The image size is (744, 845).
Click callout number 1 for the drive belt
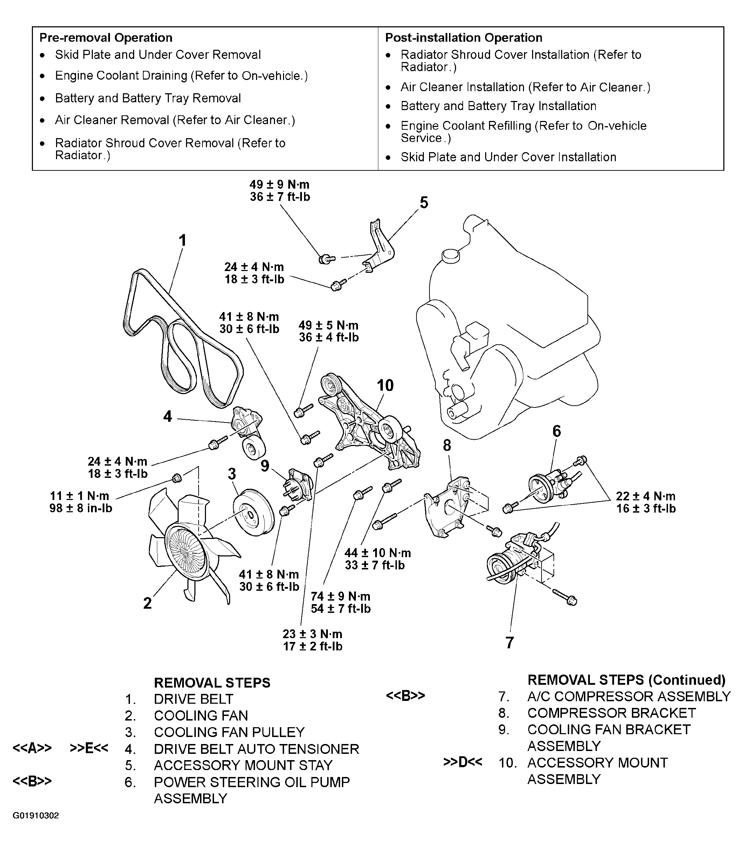pyautogui.click(x=182, y=240)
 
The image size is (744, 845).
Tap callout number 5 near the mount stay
pyautogui.click(x=424, y=203)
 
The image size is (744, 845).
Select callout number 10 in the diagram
pyautogui.click(x=385, y=385)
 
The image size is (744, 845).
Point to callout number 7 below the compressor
pyautogui.click(x=510, y=642)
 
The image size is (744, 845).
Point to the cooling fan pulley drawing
pyautogui.click(x=253, y=513)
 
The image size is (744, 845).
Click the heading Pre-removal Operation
pyautogui.click(x=106, y=38)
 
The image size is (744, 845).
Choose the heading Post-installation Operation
pyautogui.click(x=463, y=38)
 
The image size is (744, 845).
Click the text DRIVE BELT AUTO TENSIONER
pyautogui.click(x=256, y=749)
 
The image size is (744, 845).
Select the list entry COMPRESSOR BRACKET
pyautogui.click(x=611, y=713)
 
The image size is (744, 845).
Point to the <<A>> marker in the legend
pyautogui.click(x=32, y=748)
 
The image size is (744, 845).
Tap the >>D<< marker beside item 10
pyautogui.click(x=463, y=762)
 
